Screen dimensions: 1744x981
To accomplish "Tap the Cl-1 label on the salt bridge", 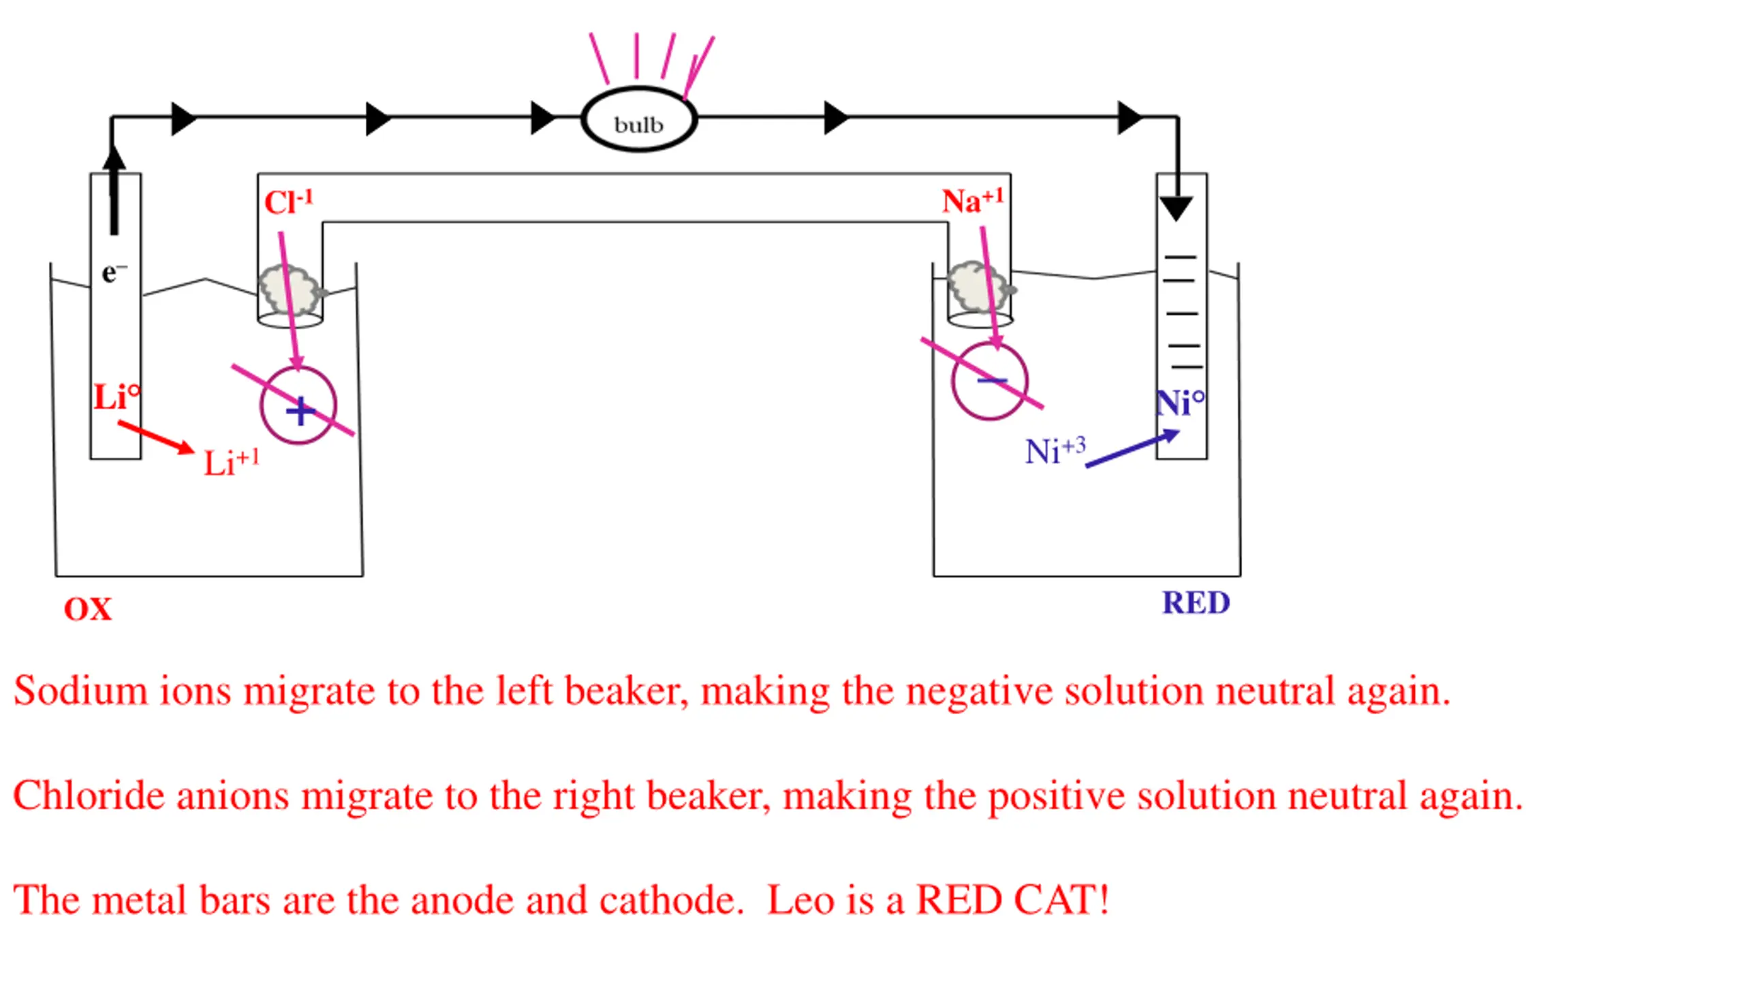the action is pos(289,202).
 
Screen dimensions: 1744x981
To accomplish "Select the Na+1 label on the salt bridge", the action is pos(973,200).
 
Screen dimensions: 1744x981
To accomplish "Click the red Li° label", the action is pos(117,396).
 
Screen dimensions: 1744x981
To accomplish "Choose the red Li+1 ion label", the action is pos(232,462).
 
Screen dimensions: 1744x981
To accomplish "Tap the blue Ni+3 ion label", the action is pos(1055,451).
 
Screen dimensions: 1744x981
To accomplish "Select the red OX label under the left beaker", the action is pos(88,609).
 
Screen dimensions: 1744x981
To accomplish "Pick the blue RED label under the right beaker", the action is pos(1196,603).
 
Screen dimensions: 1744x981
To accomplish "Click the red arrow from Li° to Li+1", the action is pos(156,437).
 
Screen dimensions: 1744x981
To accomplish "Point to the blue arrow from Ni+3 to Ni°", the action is pos(1132,448).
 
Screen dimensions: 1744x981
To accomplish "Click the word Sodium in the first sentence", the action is pos(80,691).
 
